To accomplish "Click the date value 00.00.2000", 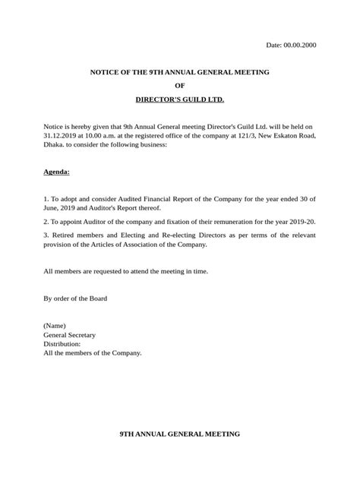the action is coord(300,45).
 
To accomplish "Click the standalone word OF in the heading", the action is coord(180,85).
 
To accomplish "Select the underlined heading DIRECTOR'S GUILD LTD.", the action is coord(180,99).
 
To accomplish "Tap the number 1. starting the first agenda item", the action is coord(46,197).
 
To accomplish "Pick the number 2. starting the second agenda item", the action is coord(46,221).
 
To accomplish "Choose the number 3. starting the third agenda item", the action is coord(46,235).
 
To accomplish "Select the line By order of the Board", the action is coord(75,298).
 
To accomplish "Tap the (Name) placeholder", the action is coord(55,325).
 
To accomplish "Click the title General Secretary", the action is coord(70,334).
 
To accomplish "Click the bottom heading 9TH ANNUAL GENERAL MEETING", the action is coord(180,434).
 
